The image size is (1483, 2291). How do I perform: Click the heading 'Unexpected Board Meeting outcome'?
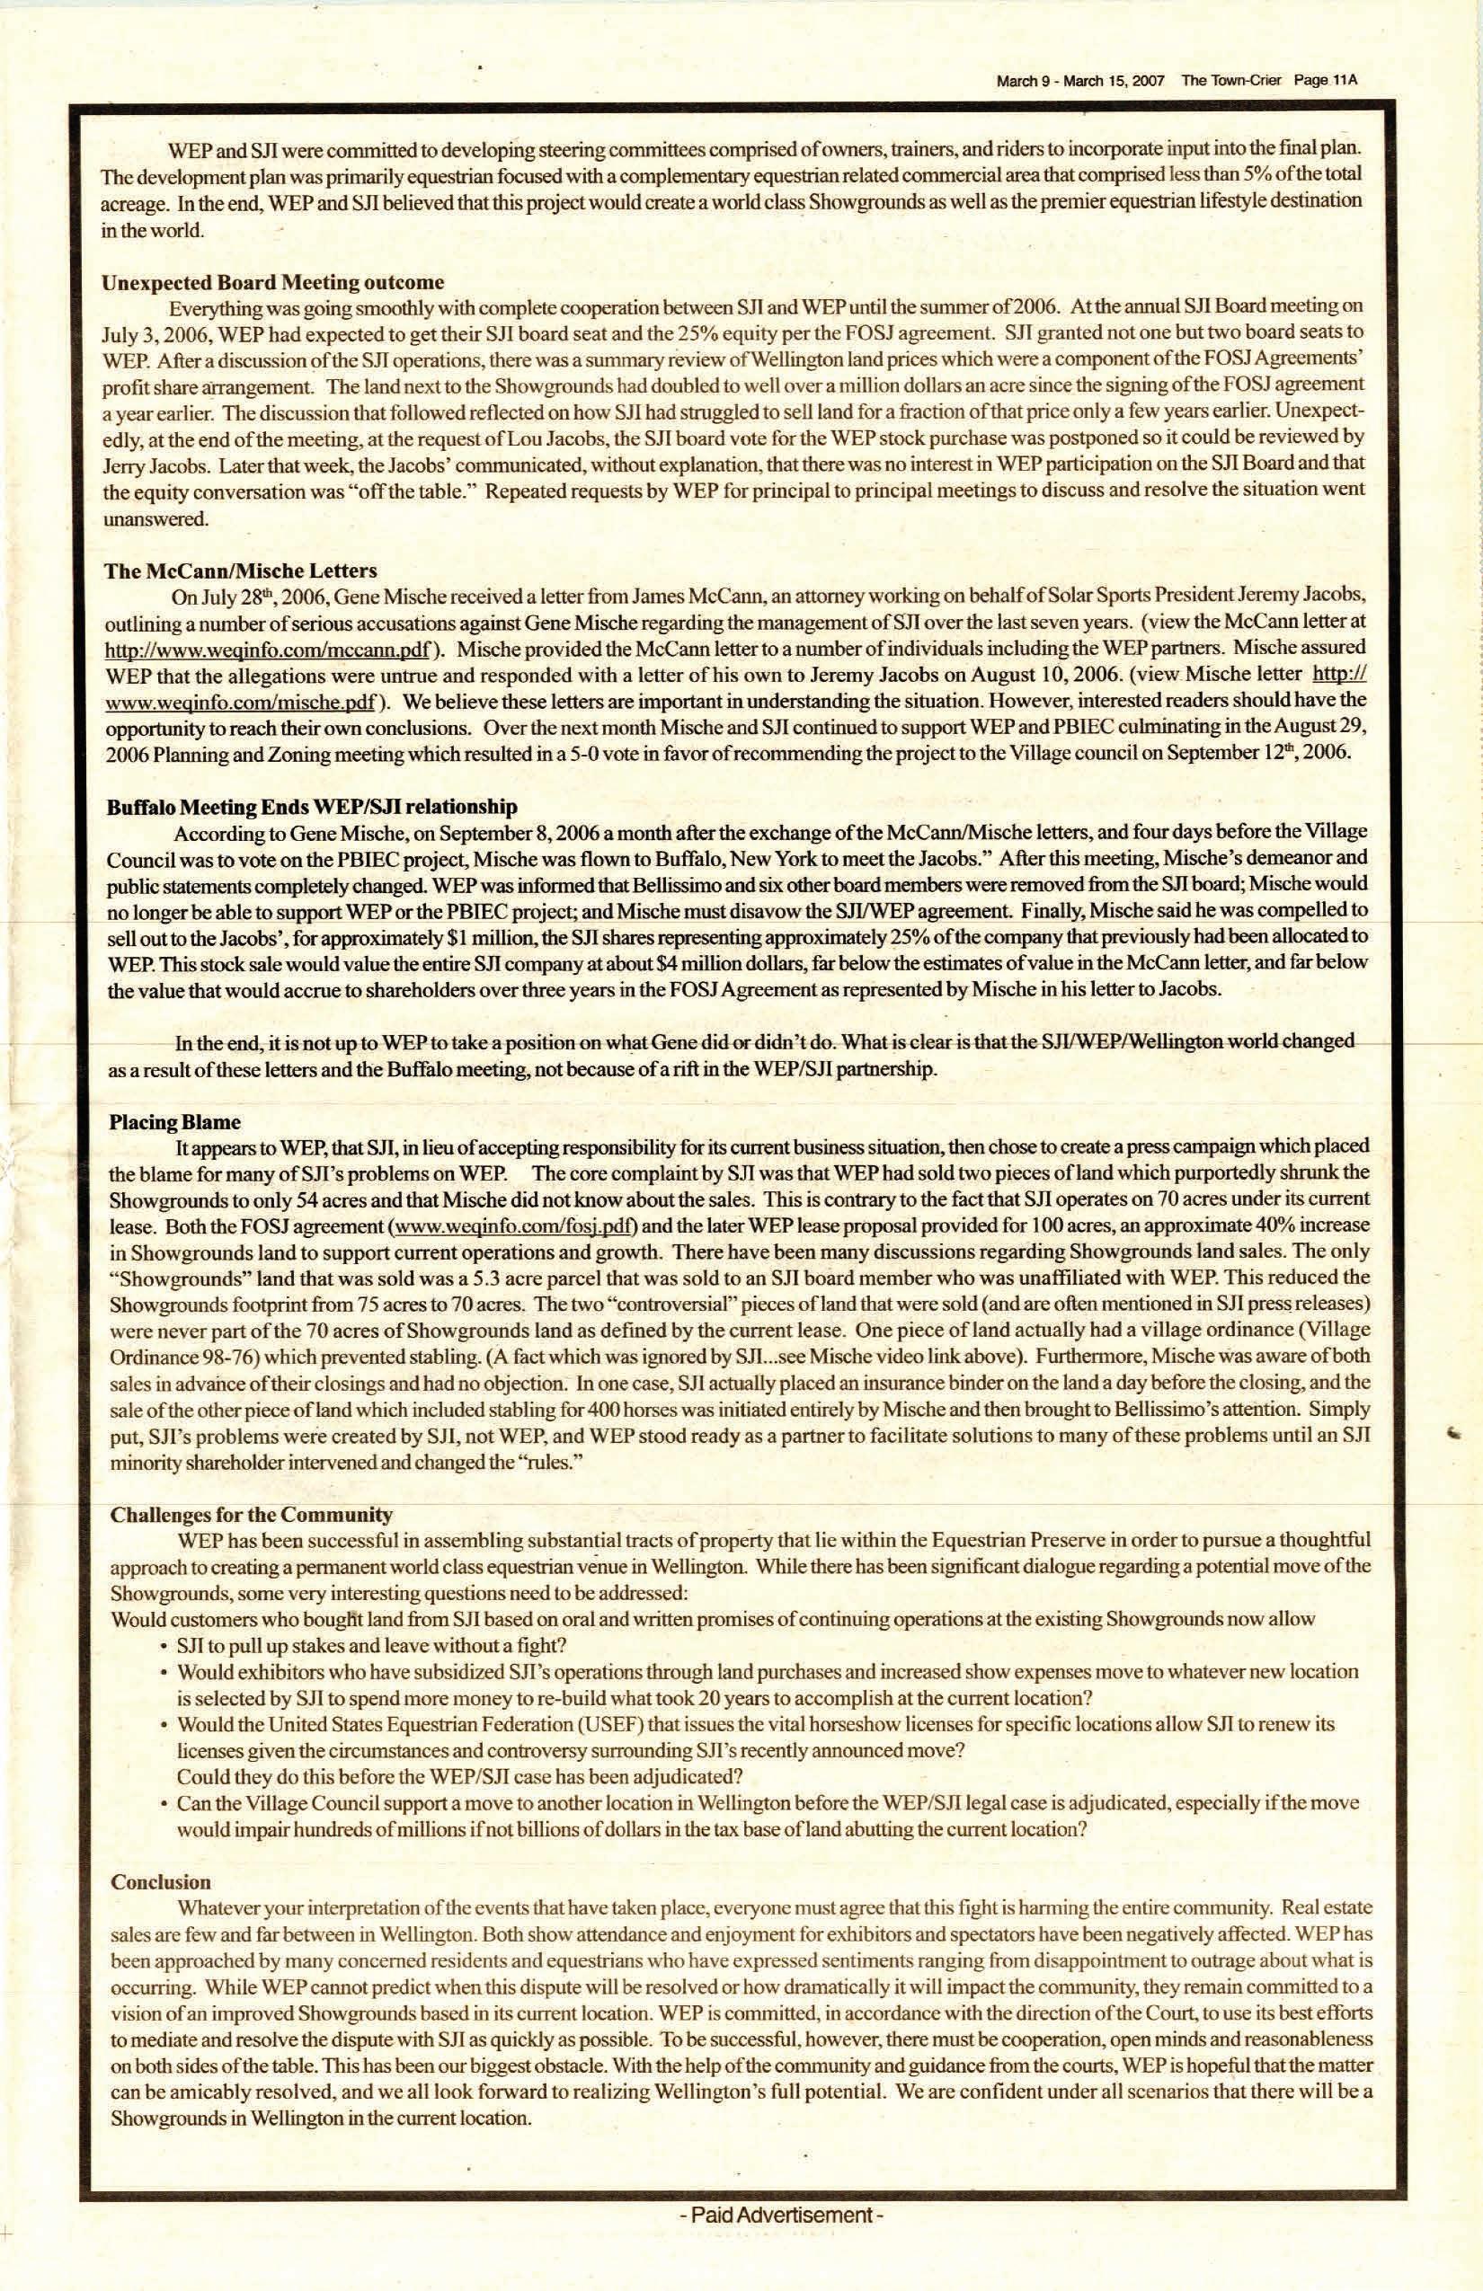[272, 282]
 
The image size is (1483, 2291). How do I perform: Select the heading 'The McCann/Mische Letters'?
[240, 571]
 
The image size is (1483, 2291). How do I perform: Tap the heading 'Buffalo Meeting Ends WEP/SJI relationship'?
[312, 807]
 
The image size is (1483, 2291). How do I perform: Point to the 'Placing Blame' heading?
[174, 1122]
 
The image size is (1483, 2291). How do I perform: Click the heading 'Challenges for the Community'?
[252, 1515]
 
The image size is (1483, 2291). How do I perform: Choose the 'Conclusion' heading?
[161, 1882]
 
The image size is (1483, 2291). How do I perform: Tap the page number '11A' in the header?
[1345, 81]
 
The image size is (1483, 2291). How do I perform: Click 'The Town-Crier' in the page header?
[1230, 81]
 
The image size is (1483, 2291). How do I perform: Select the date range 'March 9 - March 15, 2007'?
[1079, 82]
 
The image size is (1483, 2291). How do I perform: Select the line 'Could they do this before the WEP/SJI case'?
[459, 1776]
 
